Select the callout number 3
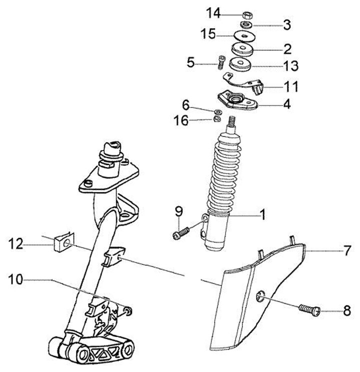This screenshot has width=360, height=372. [x=286, y=23]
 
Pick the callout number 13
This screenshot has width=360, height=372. [x=290, y=65]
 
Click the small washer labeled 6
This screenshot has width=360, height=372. [x=218, y=110]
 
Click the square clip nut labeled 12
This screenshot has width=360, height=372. [x=61, y=244]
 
